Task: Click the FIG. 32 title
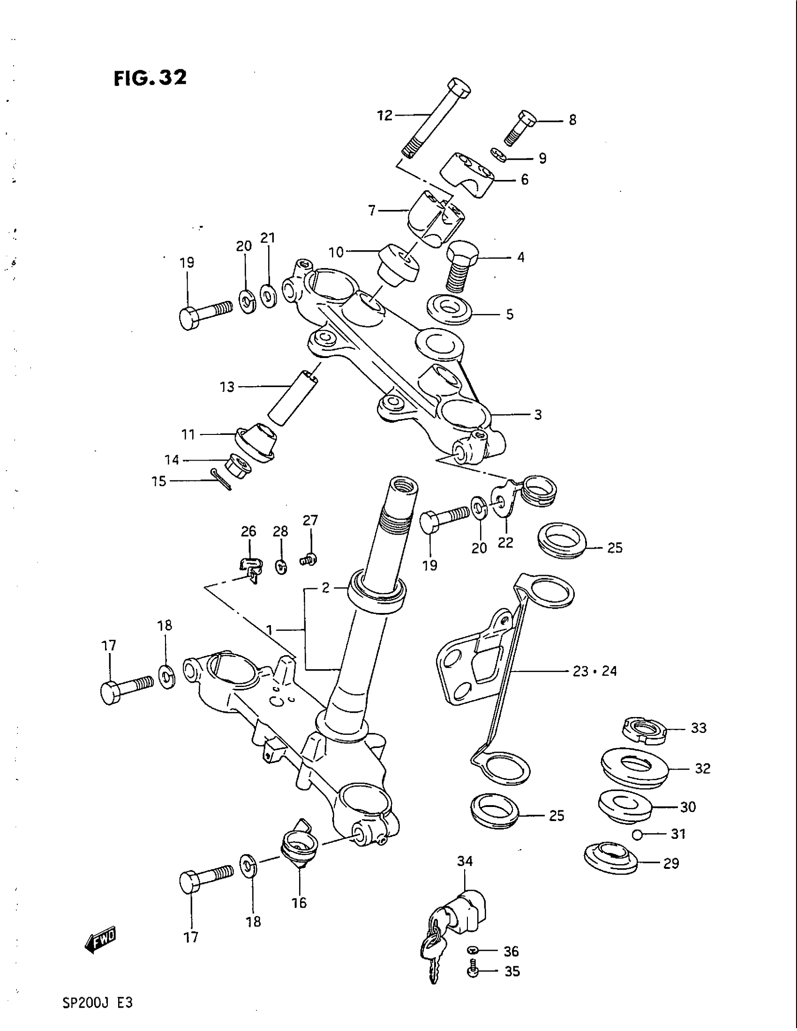[150, 78]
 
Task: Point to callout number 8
[572, 120]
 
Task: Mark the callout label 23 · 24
[594, 671]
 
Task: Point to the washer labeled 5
[450, 310]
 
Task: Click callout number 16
[300, 903]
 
